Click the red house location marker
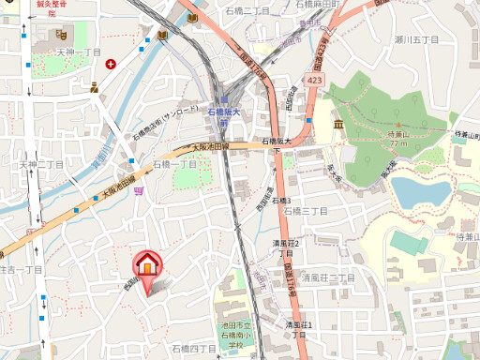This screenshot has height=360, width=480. click(146, 266)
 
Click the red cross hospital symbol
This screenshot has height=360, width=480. click(112, 65)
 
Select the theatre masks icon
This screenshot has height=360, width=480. click(96, 87)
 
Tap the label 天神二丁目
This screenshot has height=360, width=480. click(41, 164)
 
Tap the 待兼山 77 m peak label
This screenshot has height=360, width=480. click(400, 139)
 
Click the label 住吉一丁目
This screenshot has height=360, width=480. click(21, 269)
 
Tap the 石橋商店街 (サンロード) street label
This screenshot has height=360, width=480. click(169, 123)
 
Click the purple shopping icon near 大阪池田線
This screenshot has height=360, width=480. click(139, 191)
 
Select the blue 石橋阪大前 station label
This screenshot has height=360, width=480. click(225, 115)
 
